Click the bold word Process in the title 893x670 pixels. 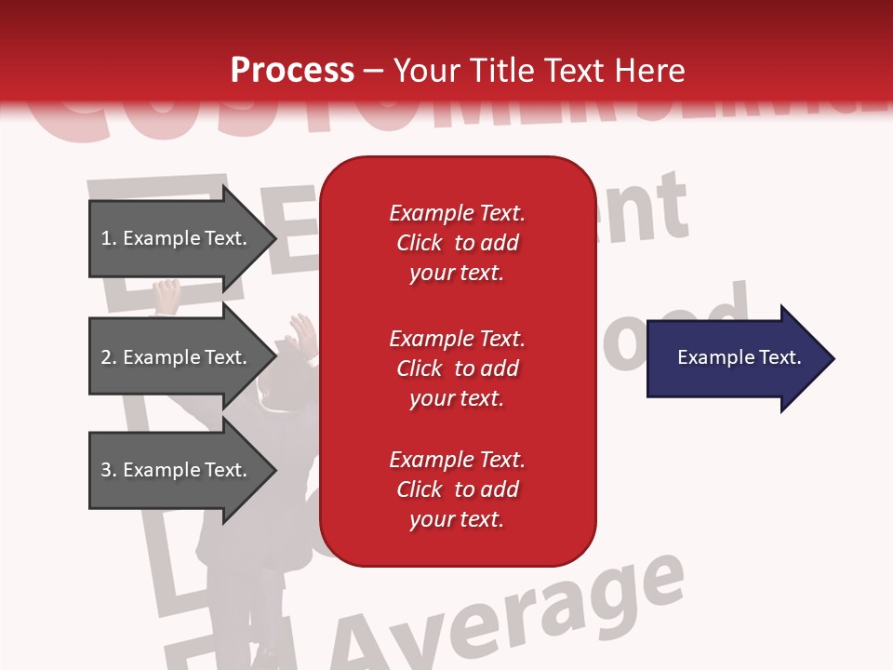[292, 70]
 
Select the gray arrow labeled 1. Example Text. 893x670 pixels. [177, 238]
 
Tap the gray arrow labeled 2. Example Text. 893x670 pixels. [177, 357]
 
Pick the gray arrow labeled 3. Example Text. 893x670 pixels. [177, 470]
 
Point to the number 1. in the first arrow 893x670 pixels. [109, 238]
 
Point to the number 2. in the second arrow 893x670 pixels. [109, 357]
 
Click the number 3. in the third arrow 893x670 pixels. [109, 470]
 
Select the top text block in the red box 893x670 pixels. [457, 243]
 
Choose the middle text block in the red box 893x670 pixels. [457, 368]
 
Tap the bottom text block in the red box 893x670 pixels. [457, 489]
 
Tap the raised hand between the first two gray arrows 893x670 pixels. [167, 297]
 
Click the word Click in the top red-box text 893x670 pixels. [420, 243]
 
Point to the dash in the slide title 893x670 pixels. [373, 72]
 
